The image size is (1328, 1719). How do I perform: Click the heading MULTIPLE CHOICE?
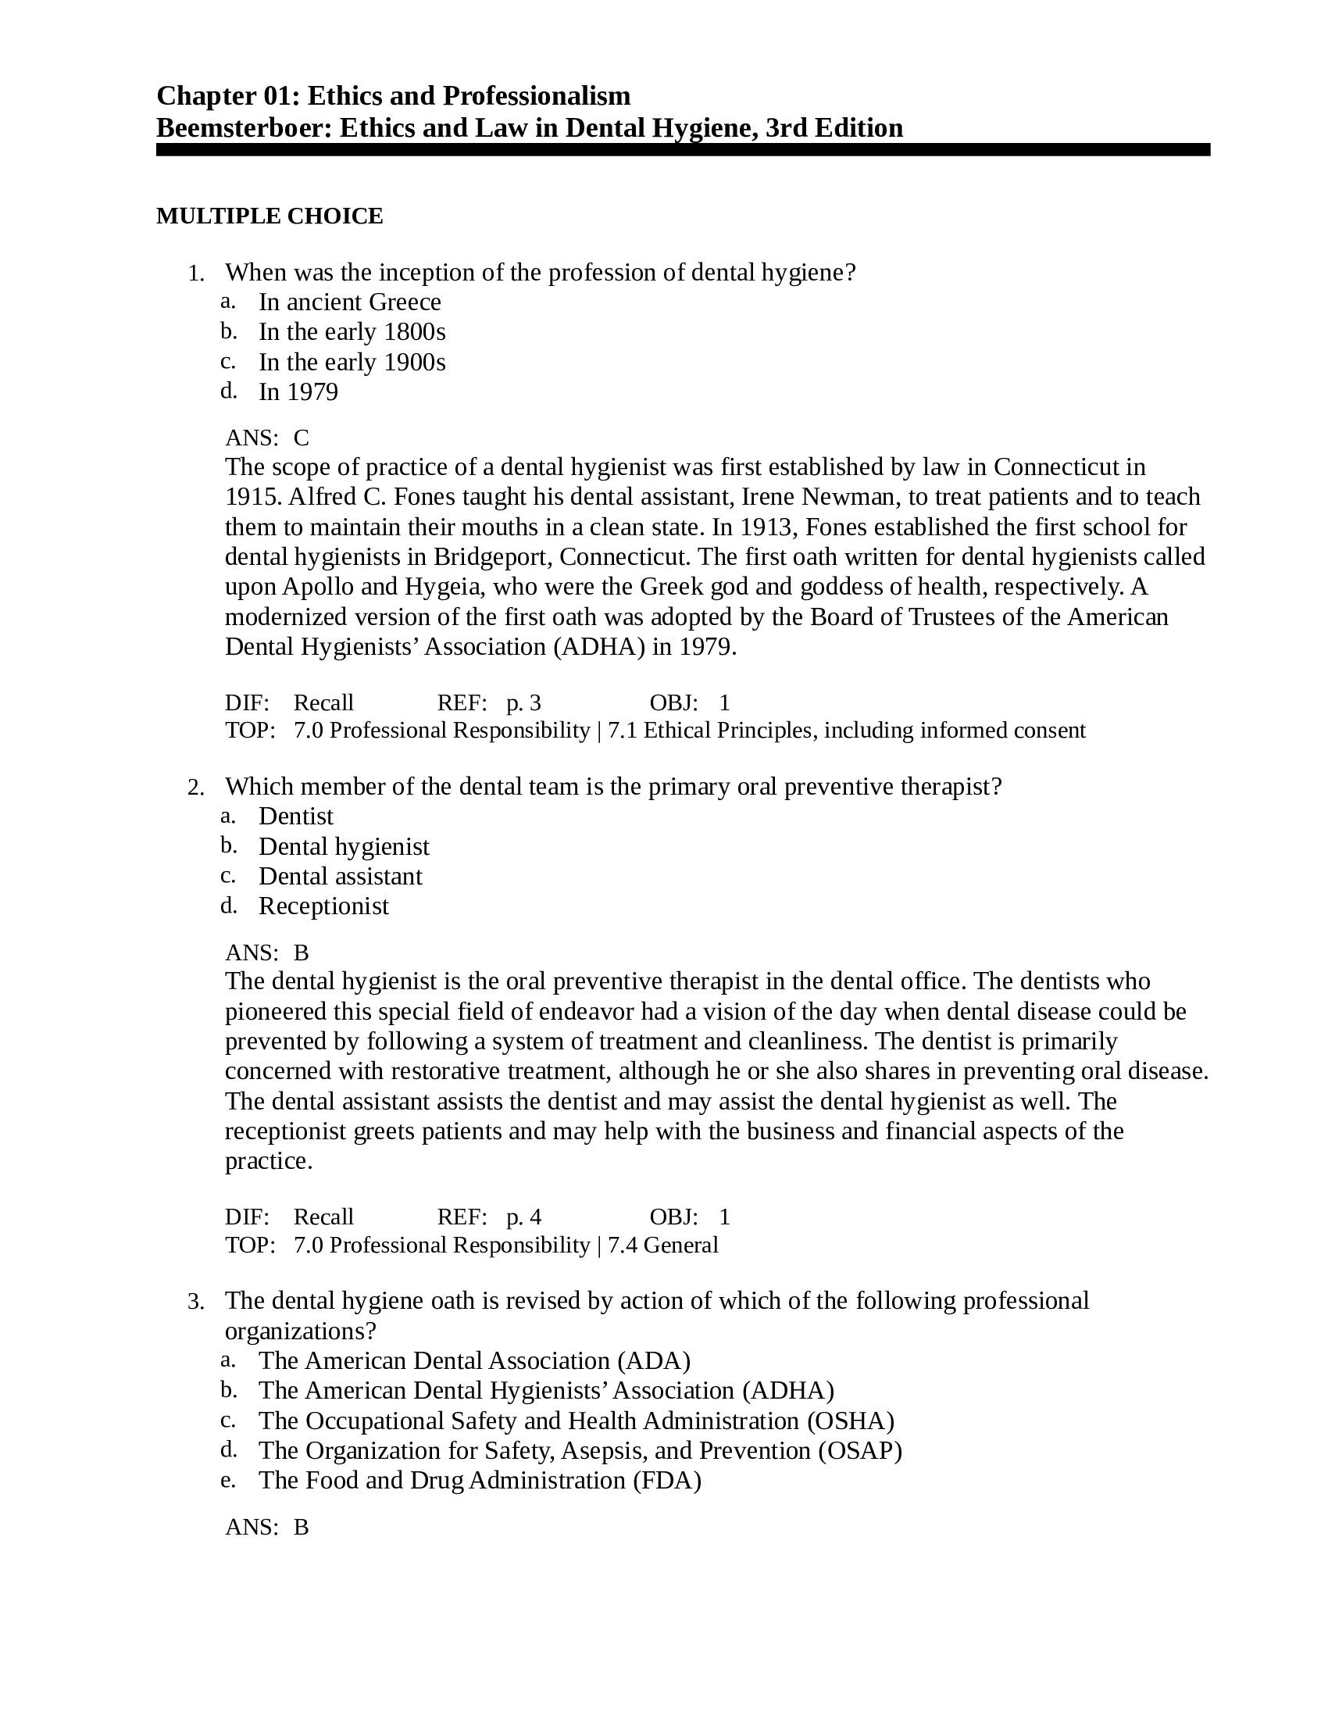pos(269,216)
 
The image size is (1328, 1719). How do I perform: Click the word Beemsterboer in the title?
pos(243,127)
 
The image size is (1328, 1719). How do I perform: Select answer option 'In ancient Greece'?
pos(349,302)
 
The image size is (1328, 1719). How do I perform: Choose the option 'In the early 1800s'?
pos(352,331)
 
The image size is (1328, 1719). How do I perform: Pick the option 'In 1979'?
pos(298,391)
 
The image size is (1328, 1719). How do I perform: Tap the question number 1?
pos(195,274)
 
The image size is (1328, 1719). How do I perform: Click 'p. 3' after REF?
pos(523,702)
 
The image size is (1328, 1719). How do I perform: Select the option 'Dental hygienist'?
pos(344,846)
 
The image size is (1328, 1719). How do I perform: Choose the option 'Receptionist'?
pos(323,906)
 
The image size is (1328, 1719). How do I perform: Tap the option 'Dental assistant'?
pos(340,876)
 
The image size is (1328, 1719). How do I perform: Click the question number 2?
pos(195,788)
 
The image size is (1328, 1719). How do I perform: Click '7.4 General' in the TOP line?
pos(663,1245)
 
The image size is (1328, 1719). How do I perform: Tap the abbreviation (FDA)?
pos(666,1481)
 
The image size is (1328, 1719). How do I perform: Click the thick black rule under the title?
pos(682,149)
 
